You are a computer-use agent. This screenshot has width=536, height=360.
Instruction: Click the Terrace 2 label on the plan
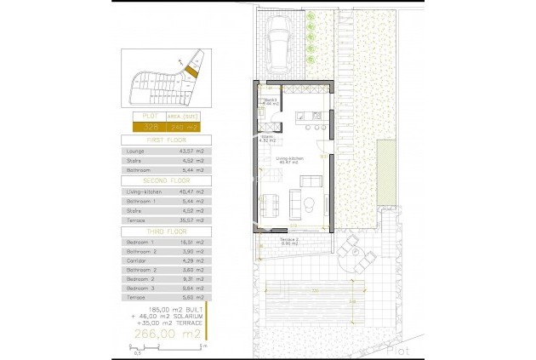coord(288,240)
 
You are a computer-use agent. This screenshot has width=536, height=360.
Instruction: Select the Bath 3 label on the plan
coord(271,100)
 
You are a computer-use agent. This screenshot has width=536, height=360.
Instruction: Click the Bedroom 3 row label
coord(139,287)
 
